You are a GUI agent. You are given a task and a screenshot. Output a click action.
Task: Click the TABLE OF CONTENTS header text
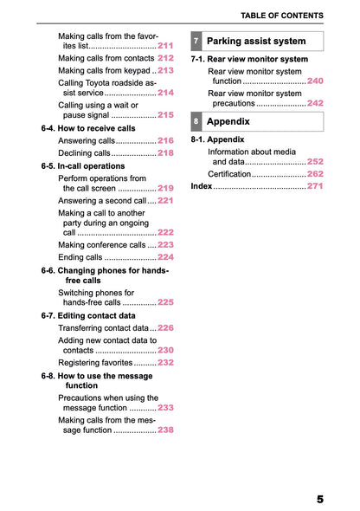point(282,16)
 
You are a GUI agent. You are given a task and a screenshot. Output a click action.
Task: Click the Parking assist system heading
point(256,42)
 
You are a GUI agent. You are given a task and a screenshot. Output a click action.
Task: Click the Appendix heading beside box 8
point(228,122)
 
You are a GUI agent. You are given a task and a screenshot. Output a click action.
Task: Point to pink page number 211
point(166,46)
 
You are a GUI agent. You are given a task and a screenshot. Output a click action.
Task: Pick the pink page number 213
point(166,70)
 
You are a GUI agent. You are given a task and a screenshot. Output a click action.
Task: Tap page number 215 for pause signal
point(166,114)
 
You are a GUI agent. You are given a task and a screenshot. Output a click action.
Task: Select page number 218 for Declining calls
point(166,153)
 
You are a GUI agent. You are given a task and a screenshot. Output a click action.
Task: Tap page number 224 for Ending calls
point(166,257)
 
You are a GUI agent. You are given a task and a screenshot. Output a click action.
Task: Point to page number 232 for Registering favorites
point(166,363)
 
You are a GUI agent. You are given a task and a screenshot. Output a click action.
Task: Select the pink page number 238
point(166,430)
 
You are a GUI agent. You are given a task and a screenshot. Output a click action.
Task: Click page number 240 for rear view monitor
point(315,81)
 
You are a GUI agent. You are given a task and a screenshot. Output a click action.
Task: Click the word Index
point(201,186)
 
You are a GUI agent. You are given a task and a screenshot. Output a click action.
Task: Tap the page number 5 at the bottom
point(319,500)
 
